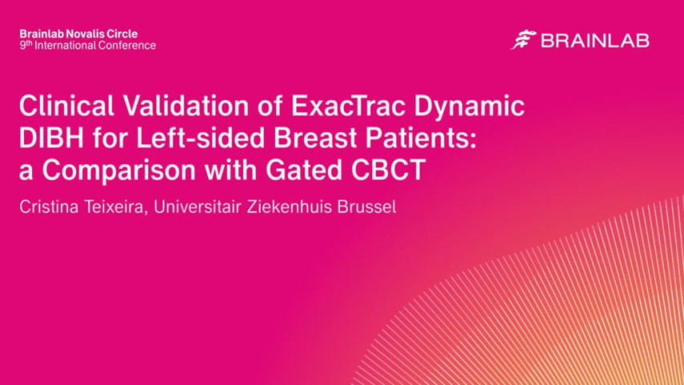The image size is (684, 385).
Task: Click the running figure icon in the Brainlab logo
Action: pos(523,40)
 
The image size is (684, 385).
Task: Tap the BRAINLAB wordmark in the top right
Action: pos(594,41)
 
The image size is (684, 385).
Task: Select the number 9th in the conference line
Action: pos(26,46)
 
